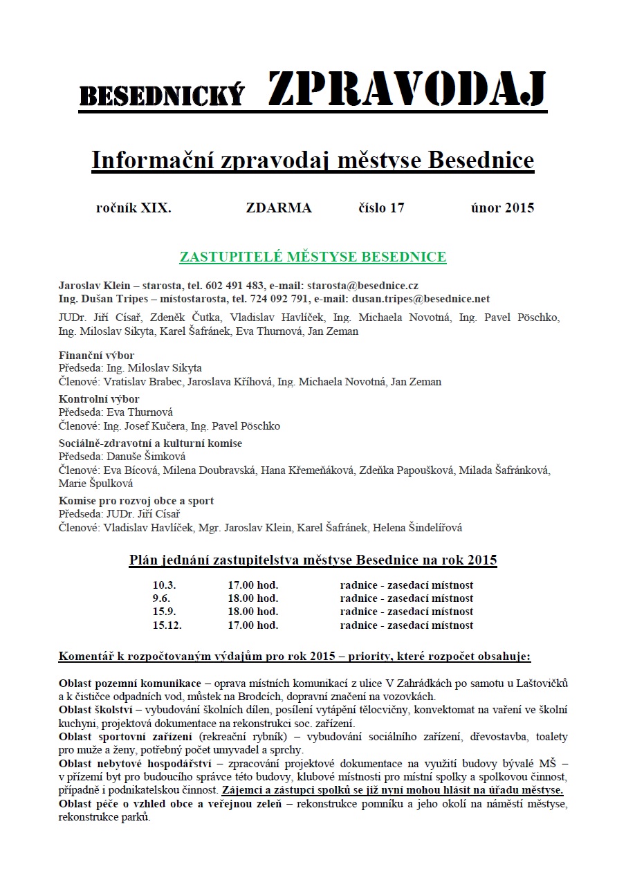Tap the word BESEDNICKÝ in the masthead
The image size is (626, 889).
[x=163, y=97]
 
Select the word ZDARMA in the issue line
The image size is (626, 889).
[x=279, y=208]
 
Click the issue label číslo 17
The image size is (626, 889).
[x=381, y=208]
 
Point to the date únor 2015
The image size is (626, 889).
[x=502, y=208]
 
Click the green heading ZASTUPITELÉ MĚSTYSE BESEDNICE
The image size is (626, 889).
[x=313, y=257]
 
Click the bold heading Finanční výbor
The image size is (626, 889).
[x=96, y=356]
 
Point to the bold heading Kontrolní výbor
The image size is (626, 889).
[x=99, y=399]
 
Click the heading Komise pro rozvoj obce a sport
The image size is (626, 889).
[x=136, y=501]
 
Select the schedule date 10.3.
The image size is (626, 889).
[x=164, y=585]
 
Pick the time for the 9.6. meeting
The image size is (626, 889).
[x=252, y=598]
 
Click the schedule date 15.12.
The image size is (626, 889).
[x=167, y=625]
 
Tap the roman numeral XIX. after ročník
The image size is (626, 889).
[x=156, y=208]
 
